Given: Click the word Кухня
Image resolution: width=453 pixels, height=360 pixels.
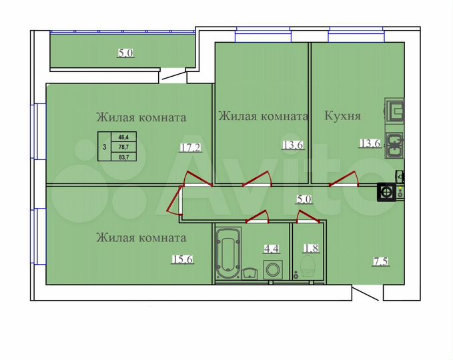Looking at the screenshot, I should [x=342, y=116].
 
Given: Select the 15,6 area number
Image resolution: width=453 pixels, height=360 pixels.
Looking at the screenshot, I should [x=181, y=260].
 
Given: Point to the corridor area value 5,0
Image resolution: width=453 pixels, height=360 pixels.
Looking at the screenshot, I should [x=304, y=198].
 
